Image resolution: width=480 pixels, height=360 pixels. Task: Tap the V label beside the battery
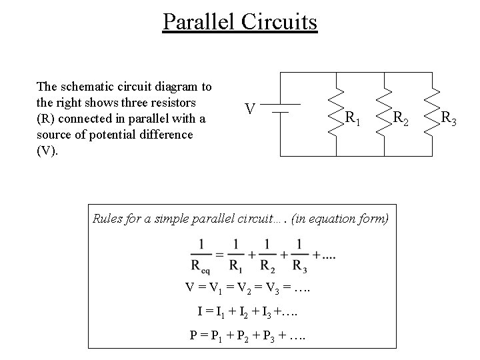click(x=248, y=108)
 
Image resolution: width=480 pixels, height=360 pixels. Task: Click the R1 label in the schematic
click(x=353, y=119)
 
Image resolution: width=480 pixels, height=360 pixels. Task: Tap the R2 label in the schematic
click(x=401, y=119)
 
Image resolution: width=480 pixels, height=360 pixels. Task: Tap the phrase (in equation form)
click(x=347, y=218)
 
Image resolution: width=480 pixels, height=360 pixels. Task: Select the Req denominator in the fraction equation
click(x=201, y=265)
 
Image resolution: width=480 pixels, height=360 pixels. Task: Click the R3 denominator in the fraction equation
click(x=299, y=265)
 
